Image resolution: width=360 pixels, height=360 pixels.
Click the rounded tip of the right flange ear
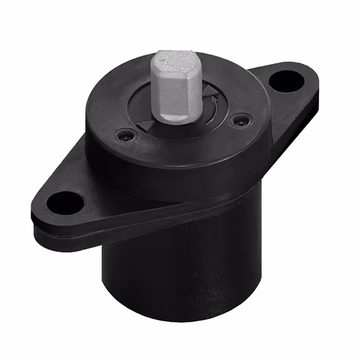(x=312, y=79)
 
